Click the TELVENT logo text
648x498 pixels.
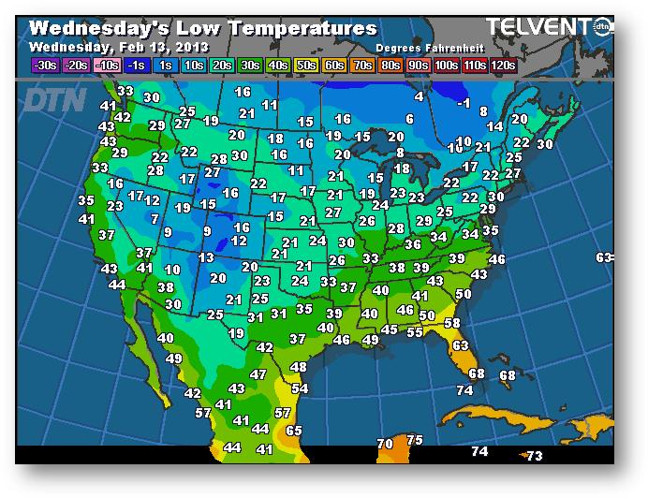pyautogui.click(x=538, y=27)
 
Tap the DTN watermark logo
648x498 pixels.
pyautogui.click(x=53, y=98)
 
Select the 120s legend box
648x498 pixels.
pyautogui.click(x=502, y=65)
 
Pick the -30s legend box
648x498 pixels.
pyautogui.click(x=44, y=65)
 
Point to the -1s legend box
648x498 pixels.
pyautogui.click(x=135, y=65)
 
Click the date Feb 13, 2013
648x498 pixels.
pyautogui.click(x=163, y=46)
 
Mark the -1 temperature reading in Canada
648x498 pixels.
pyautogui.click(x=463, y=103)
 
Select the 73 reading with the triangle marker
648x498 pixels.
pyautogui.click(x=534, y=456)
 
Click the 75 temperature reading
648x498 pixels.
pyautogui.click(x=415, y=440)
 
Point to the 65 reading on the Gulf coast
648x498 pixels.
pyautogui.click(x=294, y=431)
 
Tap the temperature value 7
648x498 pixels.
pyautogui.click(x=155, y=219)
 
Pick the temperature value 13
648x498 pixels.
pyautogui.click(x=207, y=257)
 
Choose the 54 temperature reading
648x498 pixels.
pyautogui.click(x=300, y=388)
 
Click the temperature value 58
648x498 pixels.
pyautogui.click(x=452, y=323)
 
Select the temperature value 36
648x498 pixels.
pyautogui.click(x=413, y=243)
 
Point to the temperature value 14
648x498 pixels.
pyautogui.click(x=495, y=126)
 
